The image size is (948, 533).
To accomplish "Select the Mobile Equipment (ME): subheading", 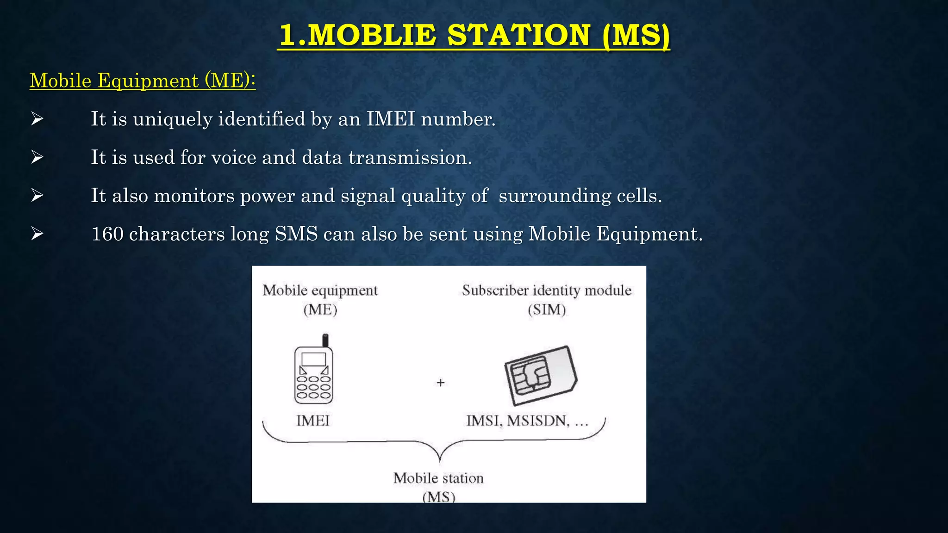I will [x=143, y=81].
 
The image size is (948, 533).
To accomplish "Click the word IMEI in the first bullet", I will [x=391, y=119].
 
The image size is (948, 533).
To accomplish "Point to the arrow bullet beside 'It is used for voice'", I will [x=37, y=157].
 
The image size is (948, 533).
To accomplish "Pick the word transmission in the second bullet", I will [x=410, y=157].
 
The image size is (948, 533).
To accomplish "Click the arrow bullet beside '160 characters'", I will [x=37, y=234].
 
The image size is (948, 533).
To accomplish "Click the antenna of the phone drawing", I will [x=325, y=340].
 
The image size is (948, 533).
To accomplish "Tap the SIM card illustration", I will [x=540, y=375].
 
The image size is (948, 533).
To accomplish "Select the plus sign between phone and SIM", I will [x=441, y=383].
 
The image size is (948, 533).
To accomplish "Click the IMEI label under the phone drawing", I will [x=313, y=421].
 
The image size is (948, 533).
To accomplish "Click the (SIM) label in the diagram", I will [x=547, y=310].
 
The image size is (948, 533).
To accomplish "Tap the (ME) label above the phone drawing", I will [x=320, y=310].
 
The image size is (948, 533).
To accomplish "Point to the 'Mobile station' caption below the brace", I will [x=438, y=478].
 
